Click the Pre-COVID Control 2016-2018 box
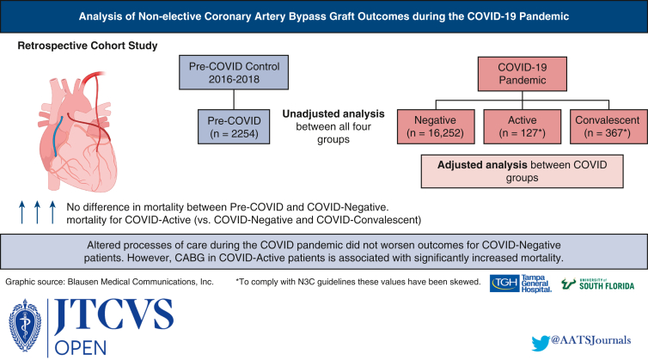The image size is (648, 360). click(234, 73)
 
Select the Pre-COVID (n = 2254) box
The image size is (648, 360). click(234, 126)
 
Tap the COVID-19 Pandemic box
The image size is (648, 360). click(523, 74)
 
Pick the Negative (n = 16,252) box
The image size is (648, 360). click(436, 126)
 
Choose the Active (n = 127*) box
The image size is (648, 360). click(523, 126)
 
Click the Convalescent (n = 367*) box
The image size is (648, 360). click(608, 126)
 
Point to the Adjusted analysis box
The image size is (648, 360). click(522, 172)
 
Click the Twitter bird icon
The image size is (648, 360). click(541, 343)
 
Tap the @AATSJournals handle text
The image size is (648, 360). click(591, 340)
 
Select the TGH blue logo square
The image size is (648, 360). click(504, 284)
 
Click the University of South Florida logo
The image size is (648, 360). click(597, 284)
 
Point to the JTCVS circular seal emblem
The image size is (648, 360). click(25, 326)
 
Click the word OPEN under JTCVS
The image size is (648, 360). click(81, 348)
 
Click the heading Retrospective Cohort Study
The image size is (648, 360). click(88, 46)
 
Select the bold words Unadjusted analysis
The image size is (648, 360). click(333, 113)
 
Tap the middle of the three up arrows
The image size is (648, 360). click(37, 212)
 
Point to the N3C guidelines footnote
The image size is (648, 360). click(358, 282)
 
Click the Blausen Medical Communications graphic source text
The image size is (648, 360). click(109, 282)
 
